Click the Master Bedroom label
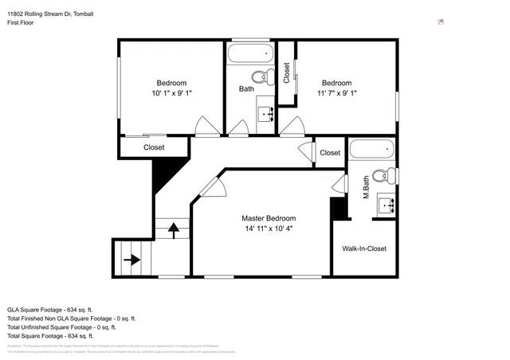(269, 217)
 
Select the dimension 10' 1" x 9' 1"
(171, 93)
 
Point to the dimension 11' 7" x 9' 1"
(336, 93)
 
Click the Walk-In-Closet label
(364, 248)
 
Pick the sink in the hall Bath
(265, 112)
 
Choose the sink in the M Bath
(388, 205)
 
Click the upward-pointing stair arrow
(173, 231)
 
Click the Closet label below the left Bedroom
(154, 147)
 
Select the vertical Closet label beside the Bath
(287, 74)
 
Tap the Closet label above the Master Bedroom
(329, 152)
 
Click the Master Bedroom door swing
(213, 187)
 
